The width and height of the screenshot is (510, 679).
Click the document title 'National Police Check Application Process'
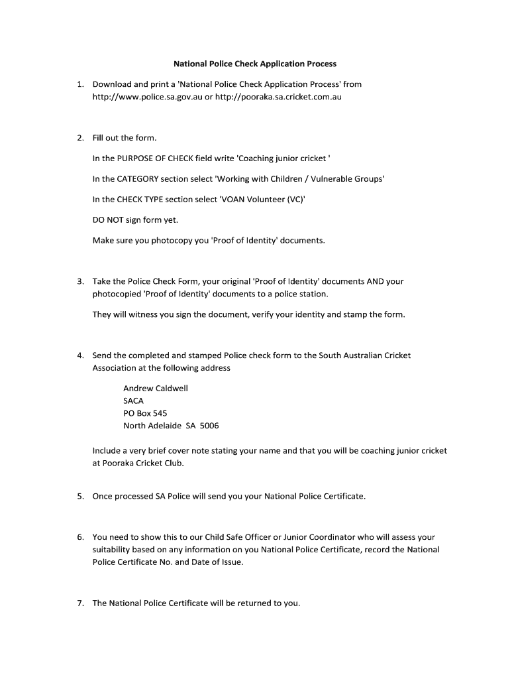point(255,64)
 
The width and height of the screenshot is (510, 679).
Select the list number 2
point(79,138)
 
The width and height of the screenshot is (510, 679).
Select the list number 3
point(79,281)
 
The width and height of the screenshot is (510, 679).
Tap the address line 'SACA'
point(133,401)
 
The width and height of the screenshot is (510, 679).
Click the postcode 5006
point(209,426)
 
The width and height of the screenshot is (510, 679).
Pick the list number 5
point(79,496)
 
